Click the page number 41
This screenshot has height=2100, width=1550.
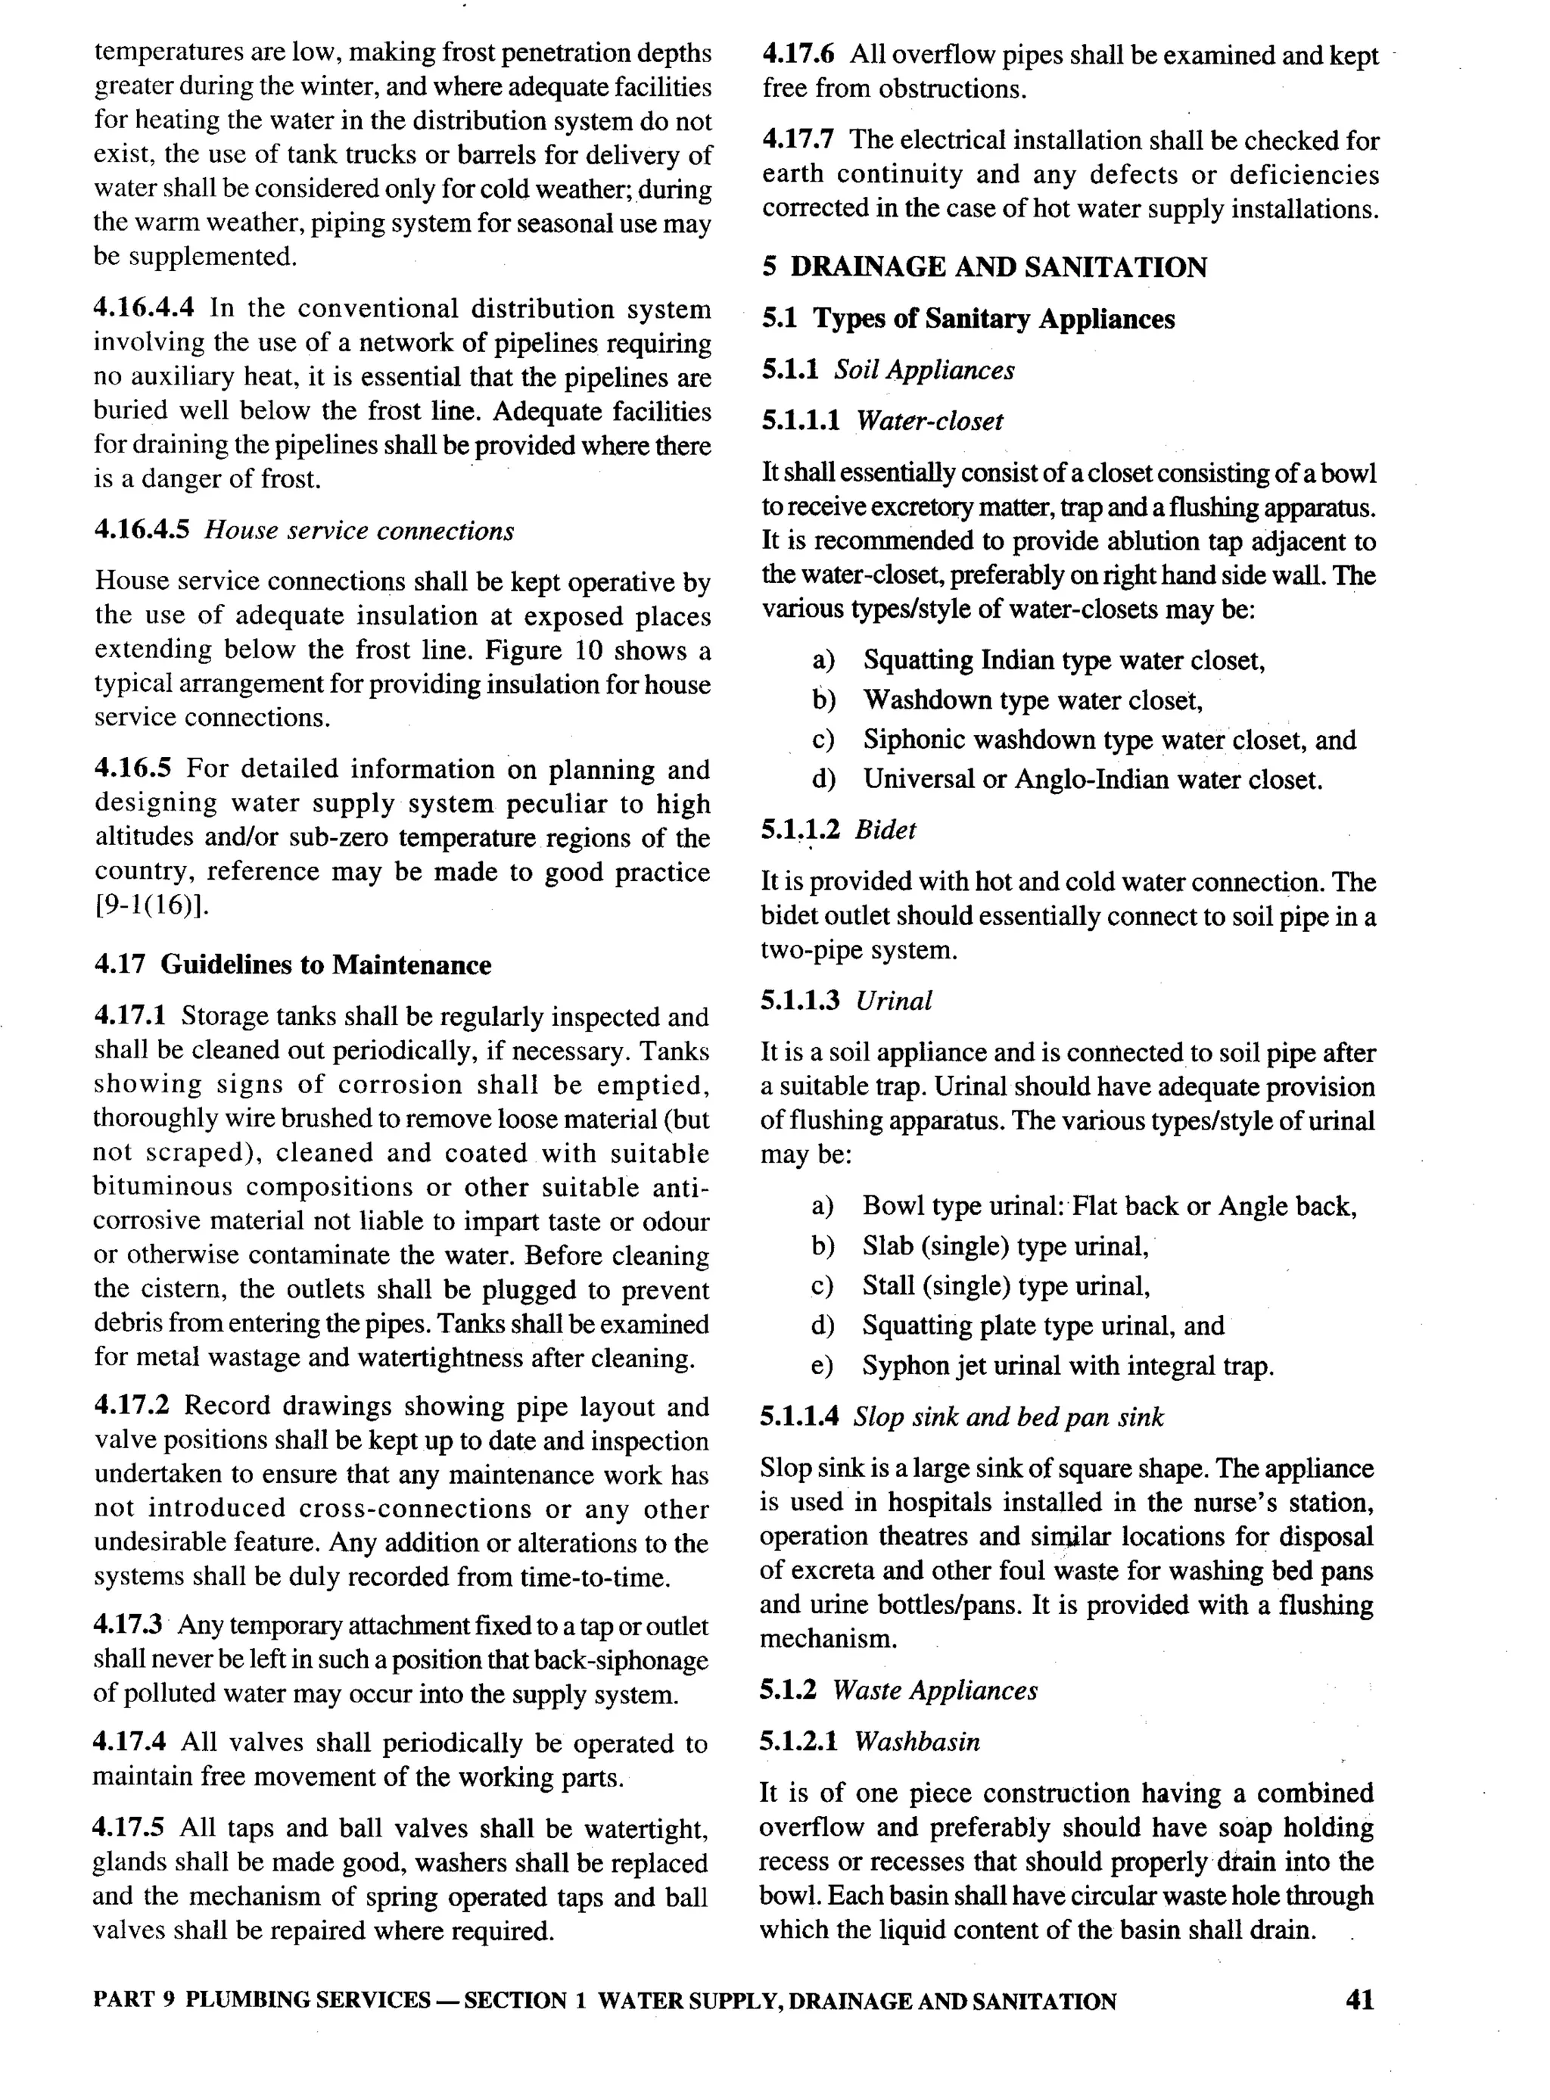[1359, 1999]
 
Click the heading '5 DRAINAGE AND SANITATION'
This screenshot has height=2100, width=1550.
[984, 267]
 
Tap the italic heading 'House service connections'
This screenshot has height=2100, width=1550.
[359, 531]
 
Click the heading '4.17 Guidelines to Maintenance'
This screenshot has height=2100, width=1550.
[292, 964]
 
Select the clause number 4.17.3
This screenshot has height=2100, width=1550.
[129, 1625]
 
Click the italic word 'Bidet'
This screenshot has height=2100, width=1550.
[885, 830]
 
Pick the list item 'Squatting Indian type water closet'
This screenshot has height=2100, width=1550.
[1064, 661]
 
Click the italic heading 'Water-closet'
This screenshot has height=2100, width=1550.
[929, 422]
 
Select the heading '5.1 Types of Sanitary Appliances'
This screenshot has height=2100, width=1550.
[967, 319]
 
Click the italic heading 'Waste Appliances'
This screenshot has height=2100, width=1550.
[935, 1691]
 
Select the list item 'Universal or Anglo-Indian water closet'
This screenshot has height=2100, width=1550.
[1092, 780]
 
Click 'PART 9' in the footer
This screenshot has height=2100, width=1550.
[134, 2001]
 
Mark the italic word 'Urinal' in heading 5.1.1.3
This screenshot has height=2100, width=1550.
[893, 1002]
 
